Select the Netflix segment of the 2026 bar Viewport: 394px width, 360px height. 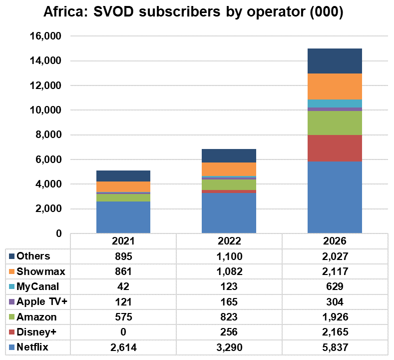click(x=335, y=197)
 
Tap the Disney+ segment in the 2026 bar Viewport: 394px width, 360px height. click(x=335, y=148)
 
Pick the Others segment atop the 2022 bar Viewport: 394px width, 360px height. click(x=229, y=155)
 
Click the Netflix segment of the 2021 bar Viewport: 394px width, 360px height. click(x=123, y=217)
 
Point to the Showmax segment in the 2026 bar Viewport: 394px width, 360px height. click(x=335, y=86)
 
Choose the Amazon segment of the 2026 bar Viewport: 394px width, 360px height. click(x=335, y=122)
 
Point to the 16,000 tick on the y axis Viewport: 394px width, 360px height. click(x=46, y=36)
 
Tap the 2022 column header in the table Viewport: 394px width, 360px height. click(x=229, y=240)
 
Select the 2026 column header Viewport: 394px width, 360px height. click(x=335, y=240)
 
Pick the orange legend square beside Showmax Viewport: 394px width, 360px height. click(x=11, y=271)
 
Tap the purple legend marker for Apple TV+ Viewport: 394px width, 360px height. click(x=11, y=302)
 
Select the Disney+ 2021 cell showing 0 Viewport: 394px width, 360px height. click(x=123, y=332)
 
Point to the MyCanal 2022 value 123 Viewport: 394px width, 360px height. click(x=229, y=287)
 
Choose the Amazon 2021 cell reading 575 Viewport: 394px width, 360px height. click(x=123, y=317)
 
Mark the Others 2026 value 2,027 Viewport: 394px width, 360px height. click(x=335, y=256)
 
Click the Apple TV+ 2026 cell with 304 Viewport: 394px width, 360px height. click(x=335, y=302)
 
